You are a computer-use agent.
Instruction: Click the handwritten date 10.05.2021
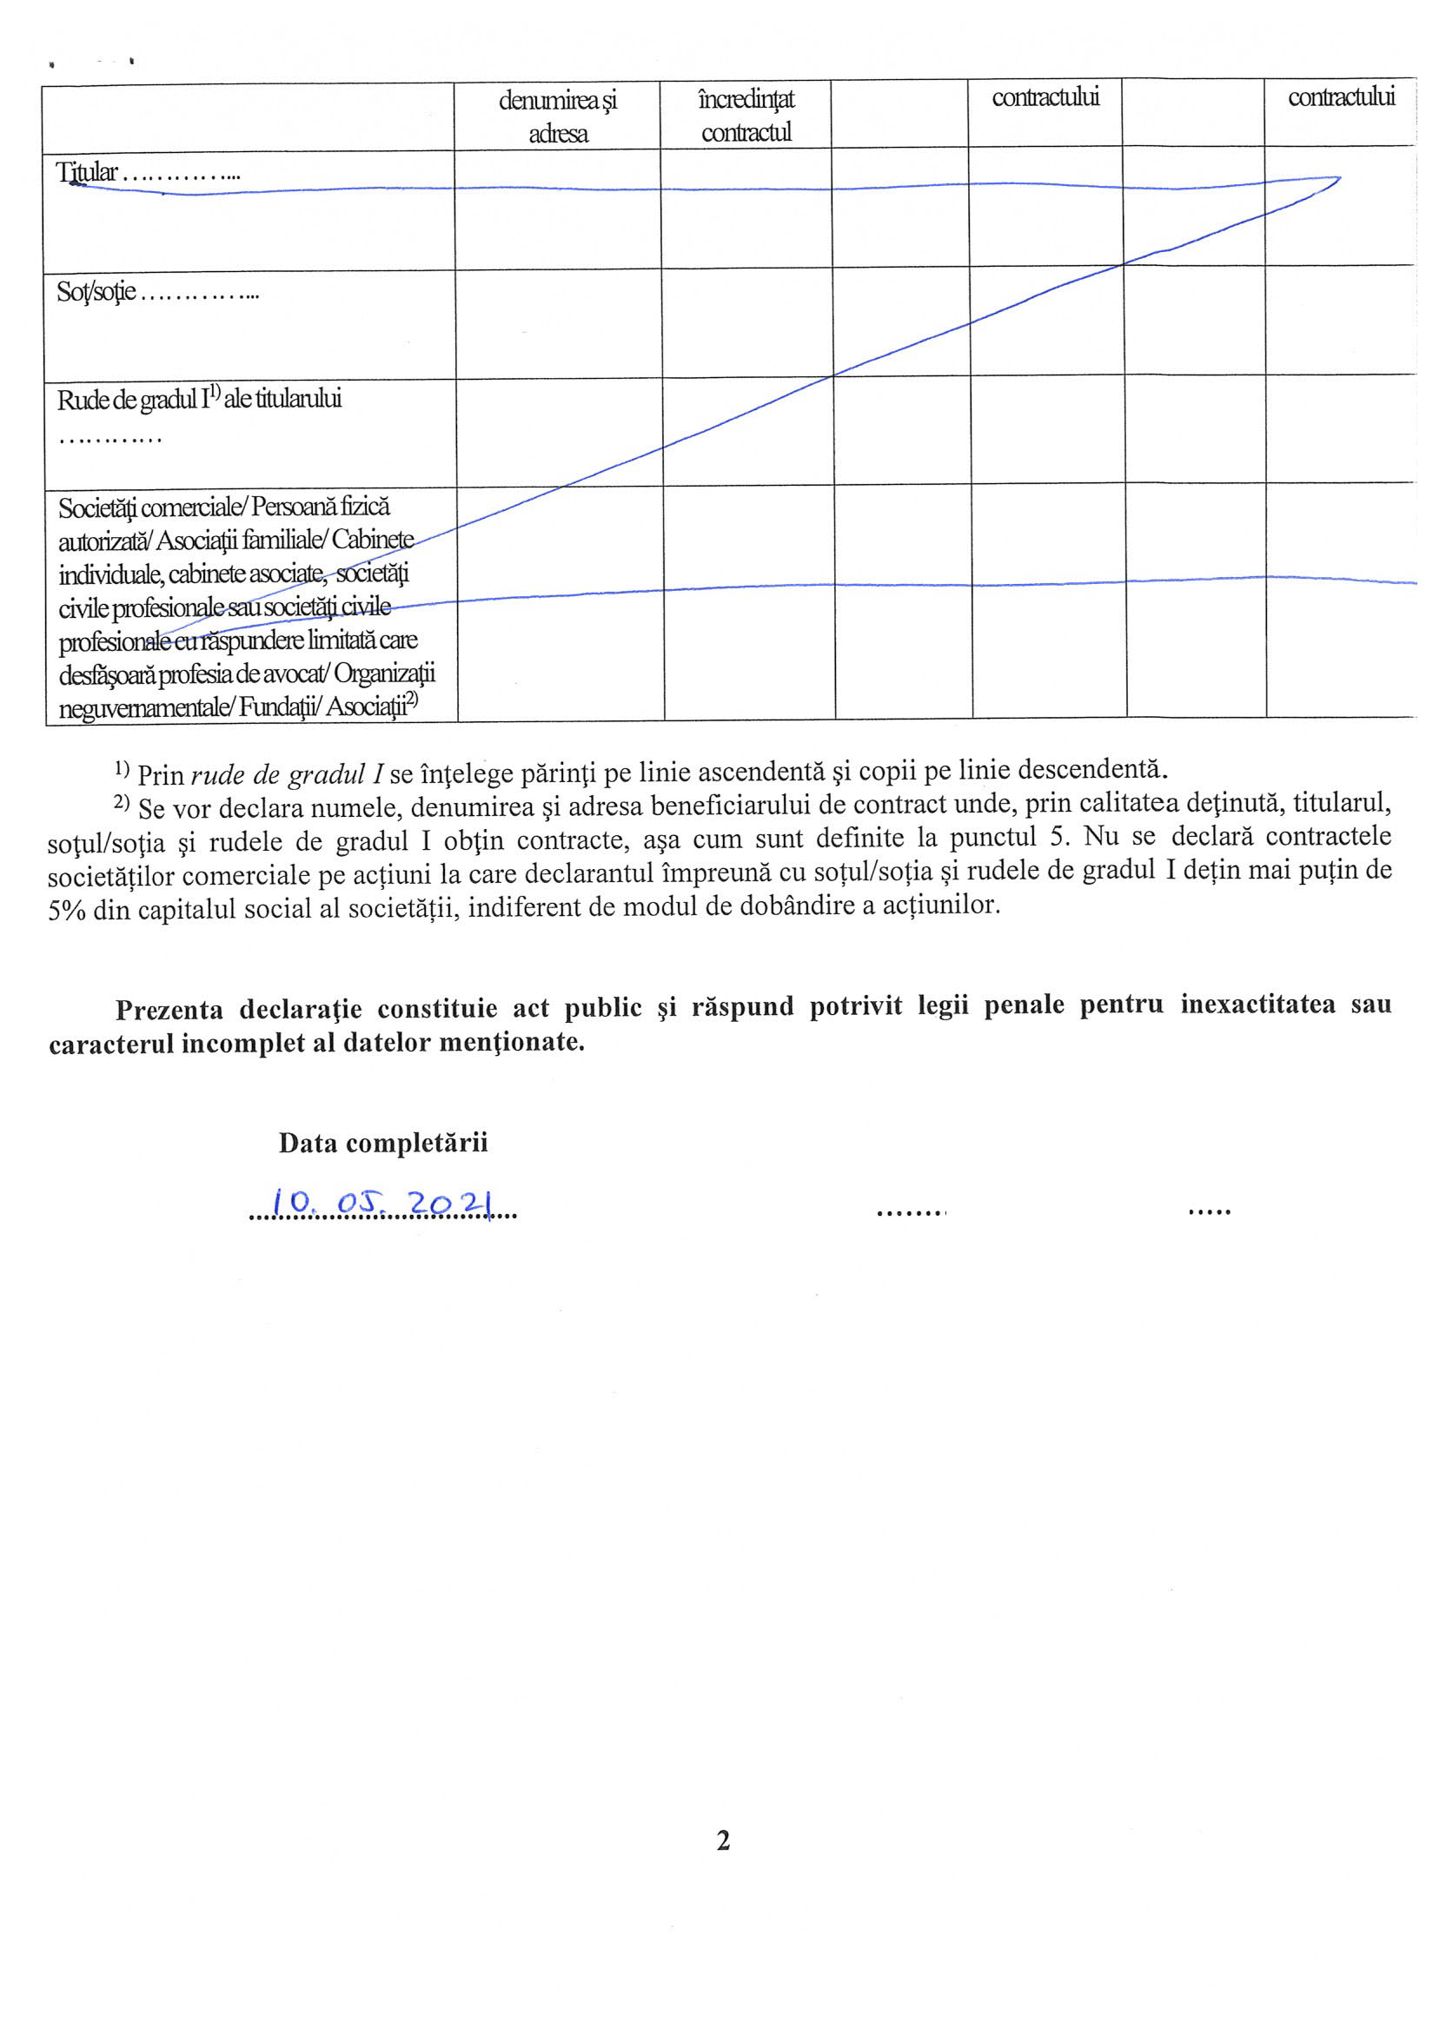coord(381,1204)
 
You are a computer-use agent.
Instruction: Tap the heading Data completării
coord(383,1144)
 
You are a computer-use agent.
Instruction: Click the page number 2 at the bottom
coord(723,1840)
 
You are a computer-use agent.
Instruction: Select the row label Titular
coord(87,172)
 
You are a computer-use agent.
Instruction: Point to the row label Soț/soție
coord(96,291)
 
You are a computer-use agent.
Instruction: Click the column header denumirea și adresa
coord(557,116)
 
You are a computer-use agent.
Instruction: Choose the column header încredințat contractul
coord(746,116)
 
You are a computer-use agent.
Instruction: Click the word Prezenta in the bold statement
coord(169,1010)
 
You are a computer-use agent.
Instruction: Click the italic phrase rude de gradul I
coord(287,774)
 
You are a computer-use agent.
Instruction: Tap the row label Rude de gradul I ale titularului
coord(200,400)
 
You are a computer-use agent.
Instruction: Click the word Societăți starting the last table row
coord(97,507)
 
